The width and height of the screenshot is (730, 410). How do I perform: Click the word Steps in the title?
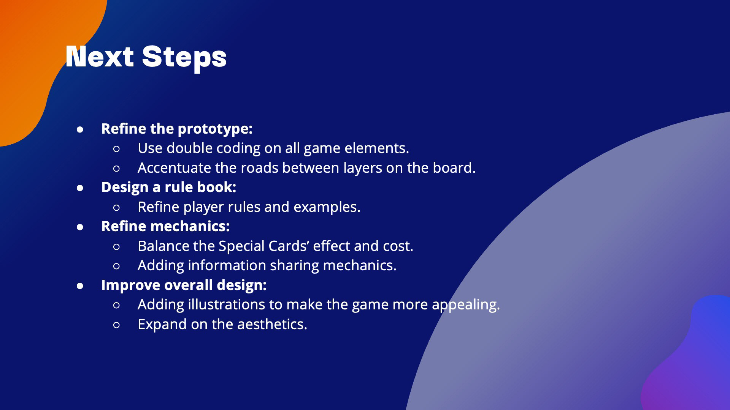[184, 58]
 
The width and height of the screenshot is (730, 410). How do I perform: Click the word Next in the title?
[100, 57]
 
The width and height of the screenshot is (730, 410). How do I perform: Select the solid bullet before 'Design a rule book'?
[80, 188]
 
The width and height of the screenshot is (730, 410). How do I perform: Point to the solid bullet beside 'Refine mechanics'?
[80, 227]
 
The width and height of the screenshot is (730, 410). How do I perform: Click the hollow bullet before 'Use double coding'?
[116, 149]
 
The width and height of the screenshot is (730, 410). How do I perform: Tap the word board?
[454, 168]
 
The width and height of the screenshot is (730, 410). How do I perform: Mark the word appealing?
[466, 305]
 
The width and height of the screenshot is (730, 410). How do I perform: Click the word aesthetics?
[272, 324]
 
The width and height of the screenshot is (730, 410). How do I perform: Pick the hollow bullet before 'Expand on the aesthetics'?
[116, 325]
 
